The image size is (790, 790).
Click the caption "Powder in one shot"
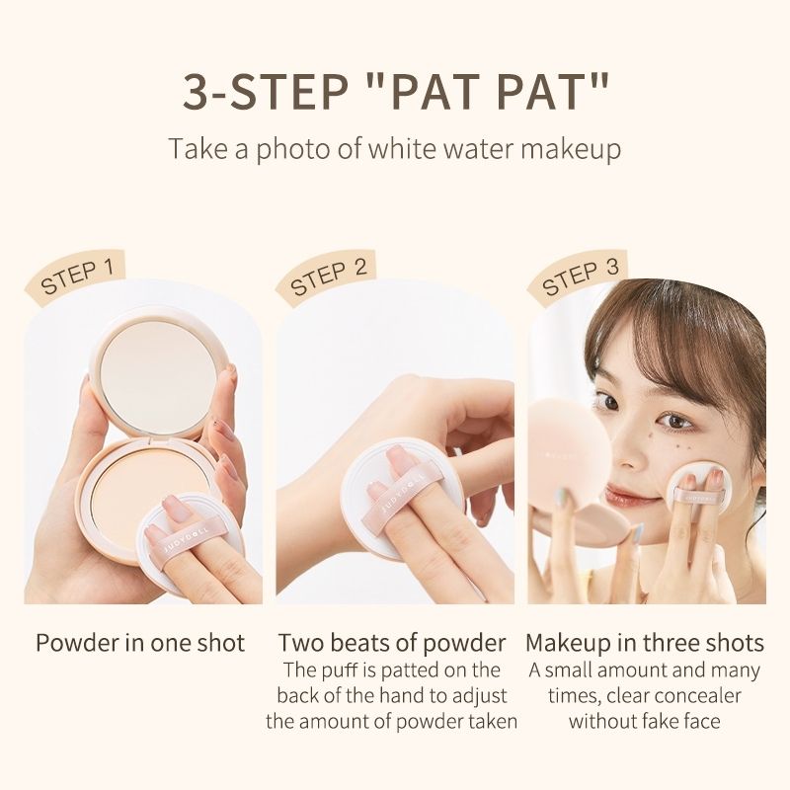pos(140,643)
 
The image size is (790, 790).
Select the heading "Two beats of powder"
pos(392,643)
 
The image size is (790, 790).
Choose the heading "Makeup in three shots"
pos(645,643)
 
